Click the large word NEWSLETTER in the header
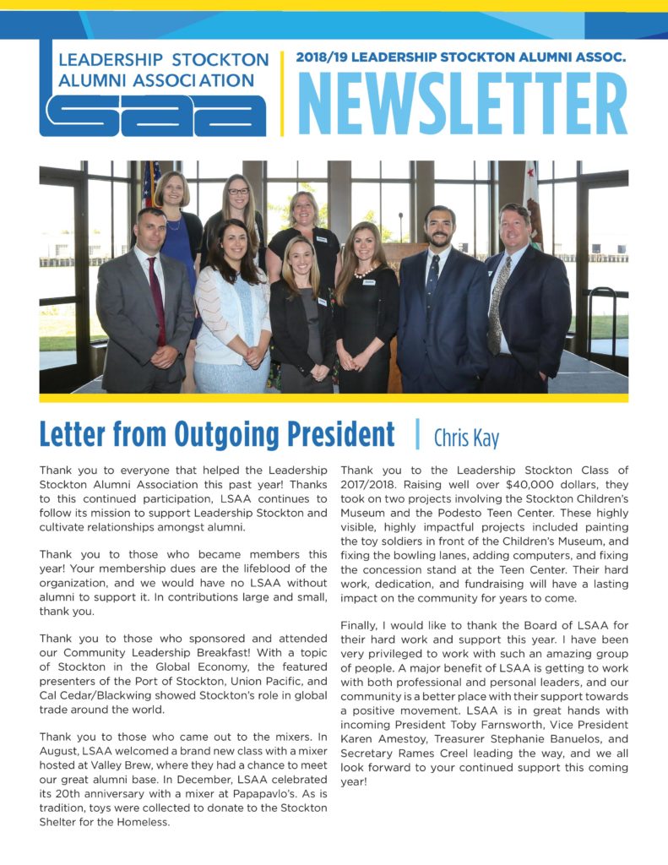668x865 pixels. [x=462, y=104]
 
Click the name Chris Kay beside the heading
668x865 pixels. [x=466, y=438]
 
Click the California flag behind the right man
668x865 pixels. [x=532, y=203]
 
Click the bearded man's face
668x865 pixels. [x=439, y=227]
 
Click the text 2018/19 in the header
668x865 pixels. [x=320, y=58]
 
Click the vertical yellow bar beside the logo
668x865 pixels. [x=282, y=93]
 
